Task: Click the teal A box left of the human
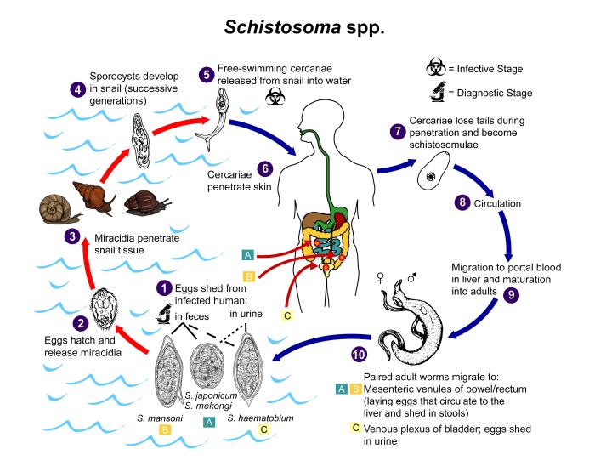coord(247,254)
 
